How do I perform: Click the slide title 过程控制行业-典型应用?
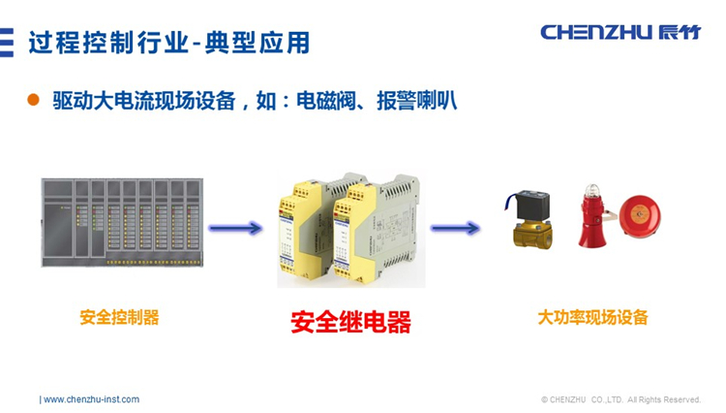click(x=168, y=42)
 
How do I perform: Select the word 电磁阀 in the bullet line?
click(x=322, y=101)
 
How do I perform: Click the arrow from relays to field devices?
click(x=455, y=229)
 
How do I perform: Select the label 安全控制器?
click(x=119, y=317)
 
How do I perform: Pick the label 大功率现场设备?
click(x=592, y=317)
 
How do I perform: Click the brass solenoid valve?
click(x=530, y=227)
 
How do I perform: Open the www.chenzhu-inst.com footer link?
click(x=91, y=399)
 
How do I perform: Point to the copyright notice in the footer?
click(x=620, y=399)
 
